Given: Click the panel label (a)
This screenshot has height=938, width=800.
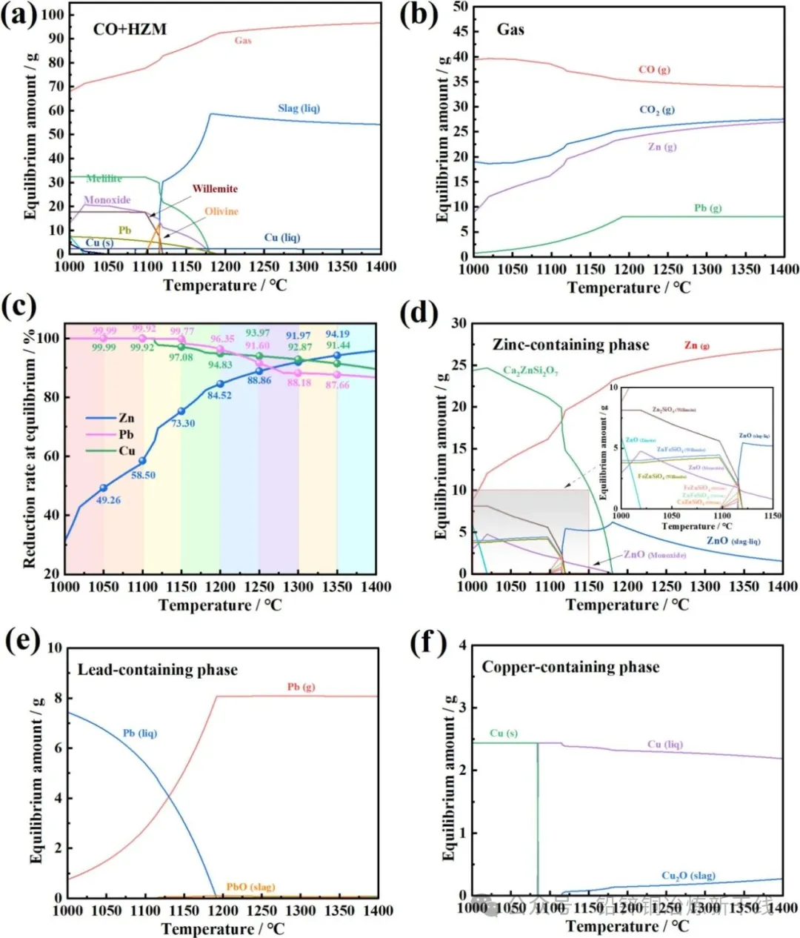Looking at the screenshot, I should (x=19, y=16).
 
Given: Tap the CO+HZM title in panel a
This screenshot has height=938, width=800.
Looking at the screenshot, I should (x=130, y=30).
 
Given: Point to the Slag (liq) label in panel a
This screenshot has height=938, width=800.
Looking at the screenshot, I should (x=299, y=108).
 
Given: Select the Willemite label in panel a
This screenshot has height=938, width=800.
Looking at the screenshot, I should (x=215, y=189).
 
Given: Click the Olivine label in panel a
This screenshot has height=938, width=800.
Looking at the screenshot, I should (x=221, y=211).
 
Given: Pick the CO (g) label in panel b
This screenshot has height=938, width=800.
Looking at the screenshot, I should (x=654, y=70).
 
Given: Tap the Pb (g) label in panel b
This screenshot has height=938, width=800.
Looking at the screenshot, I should (x=707, y=208).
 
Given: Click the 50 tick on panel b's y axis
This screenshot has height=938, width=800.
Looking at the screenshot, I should (x=460, y=7).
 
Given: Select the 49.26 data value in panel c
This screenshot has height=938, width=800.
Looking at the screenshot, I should (x=108, y=500).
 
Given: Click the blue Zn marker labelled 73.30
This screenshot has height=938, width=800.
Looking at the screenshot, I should (x=181, y=411).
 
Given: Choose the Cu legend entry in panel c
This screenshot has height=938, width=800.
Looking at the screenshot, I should (x=127, y=450).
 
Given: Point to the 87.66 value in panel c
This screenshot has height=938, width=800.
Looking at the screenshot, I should (x=337, y=385).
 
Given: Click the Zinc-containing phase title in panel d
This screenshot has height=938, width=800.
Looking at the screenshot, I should (x=570, y=345).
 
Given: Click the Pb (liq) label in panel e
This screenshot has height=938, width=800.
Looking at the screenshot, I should (x=140, y=733).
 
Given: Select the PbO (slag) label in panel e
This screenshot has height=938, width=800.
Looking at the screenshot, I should (x=250, y=887).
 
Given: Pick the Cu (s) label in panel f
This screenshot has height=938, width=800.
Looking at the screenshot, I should (x=504, y=733).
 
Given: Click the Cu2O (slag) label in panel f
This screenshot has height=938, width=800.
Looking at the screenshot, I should (x=688, y=876).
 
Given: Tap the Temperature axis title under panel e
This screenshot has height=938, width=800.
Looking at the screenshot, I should (x=222, y=928).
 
